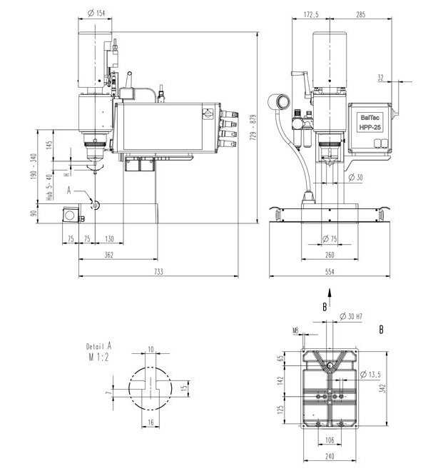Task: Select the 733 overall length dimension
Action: tap(158, 272)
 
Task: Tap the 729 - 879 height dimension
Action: tap(253, 127)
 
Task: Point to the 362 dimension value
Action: tap(109, 255)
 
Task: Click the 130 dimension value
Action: tap(110, 238)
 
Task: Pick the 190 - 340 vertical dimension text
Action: tap(34, 167)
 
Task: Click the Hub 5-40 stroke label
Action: tap(49, 188)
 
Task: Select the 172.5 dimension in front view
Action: tap(311, 14)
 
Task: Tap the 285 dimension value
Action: tap(360, 14)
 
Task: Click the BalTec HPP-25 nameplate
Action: tap(370, 123)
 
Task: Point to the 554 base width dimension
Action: tap(330, 272)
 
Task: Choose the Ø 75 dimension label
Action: tap(330, 239)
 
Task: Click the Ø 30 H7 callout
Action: tap(351, 316)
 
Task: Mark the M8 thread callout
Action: tap(296, 330)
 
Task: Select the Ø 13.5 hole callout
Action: tap(370, 374)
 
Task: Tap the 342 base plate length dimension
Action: tap(382, 388)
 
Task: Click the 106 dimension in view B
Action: tap(330, 440)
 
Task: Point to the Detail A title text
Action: tap(98, 346)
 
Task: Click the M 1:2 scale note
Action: tap(98, 357)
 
